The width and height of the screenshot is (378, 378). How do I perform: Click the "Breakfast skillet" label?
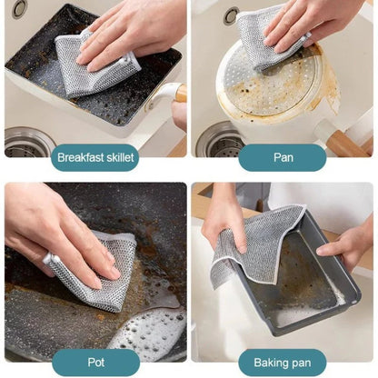tap(95, 157)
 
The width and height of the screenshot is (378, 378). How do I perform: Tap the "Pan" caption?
tap(283, 157)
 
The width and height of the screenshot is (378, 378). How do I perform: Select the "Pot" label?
tap(95, 362)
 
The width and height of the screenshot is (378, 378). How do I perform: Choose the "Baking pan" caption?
tap(283, 362)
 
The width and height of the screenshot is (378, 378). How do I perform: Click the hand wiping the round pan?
tap(318, 23)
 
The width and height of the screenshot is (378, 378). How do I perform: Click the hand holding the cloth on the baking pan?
tap(223, 218)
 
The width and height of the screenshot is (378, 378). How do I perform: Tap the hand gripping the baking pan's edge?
tap(350, 241)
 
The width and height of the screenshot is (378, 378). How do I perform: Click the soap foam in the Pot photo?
tap(150, 332)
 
